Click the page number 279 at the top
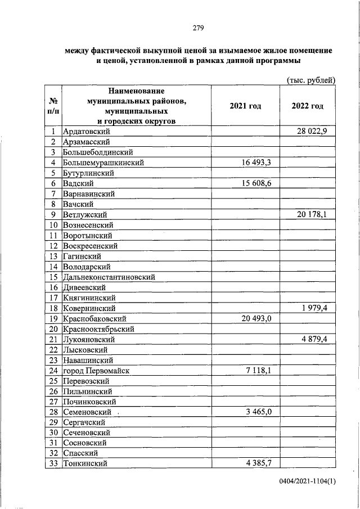coord(197,28)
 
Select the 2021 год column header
coord(246,106)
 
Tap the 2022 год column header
coord(308,106)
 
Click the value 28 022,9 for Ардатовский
coord(316,132)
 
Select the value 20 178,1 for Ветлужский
coord(316,214)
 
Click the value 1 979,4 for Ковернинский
coord(318,308)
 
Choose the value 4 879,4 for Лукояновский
coord(318,339)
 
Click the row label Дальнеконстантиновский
coord(109,277)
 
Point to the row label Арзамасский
coord(86,142)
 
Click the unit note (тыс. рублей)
coord(311,80)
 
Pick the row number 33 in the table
coord(54,463)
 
